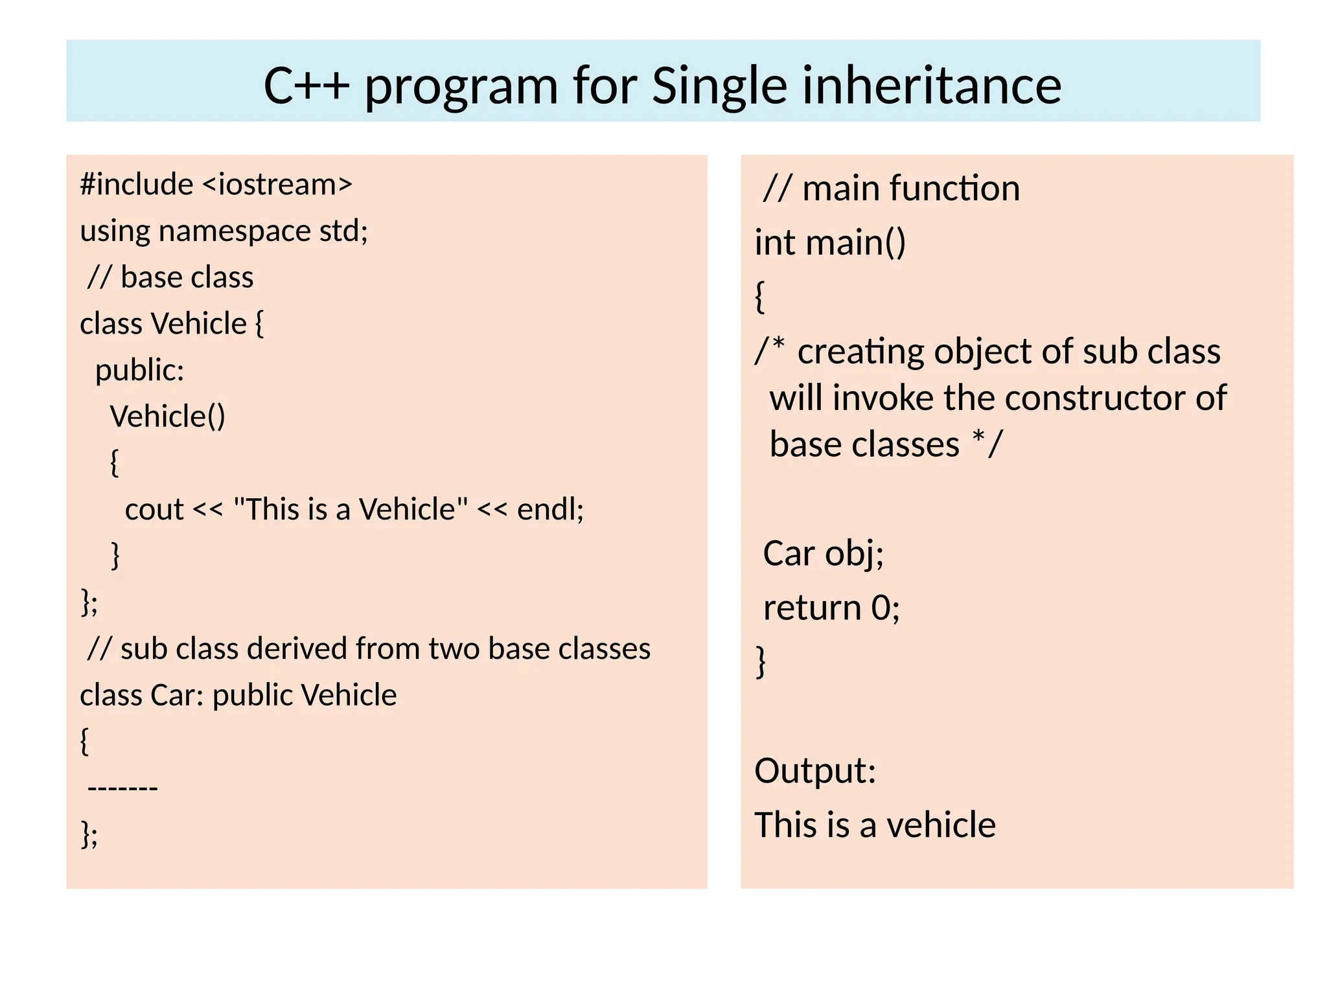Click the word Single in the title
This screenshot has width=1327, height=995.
point(719,86)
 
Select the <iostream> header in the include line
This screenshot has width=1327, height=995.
point(277,185)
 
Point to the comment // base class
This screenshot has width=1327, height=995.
point(170,277)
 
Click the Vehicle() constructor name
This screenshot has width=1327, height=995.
point(167,417)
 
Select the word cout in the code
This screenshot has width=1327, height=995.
point(154,510)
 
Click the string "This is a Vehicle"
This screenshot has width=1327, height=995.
point(350,510)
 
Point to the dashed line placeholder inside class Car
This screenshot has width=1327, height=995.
point(122,788)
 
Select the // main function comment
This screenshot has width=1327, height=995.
point(891,189)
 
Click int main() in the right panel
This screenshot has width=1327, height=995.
point(830,243)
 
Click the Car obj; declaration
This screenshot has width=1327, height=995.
point(823,554)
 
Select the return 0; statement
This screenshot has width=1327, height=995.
point(831,608)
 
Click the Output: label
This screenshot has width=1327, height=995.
point(815,771)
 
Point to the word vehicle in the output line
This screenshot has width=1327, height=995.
point(941,825)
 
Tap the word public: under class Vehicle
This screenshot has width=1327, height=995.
point(139,371)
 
